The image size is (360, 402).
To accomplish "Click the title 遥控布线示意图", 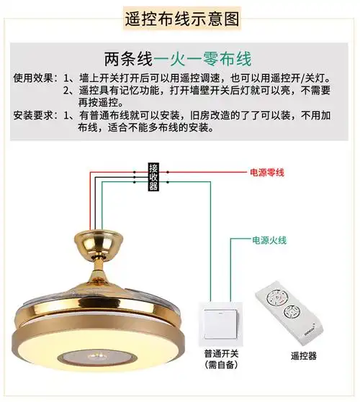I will click(179, 17).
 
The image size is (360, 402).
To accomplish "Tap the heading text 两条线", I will click(129, 57).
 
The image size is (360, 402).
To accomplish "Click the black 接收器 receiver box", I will click(153, 177).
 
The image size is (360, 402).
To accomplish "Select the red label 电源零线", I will click(268, 173).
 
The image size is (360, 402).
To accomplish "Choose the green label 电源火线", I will click(269, 239).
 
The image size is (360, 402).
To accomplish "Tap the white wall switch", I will click(220, 325).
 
